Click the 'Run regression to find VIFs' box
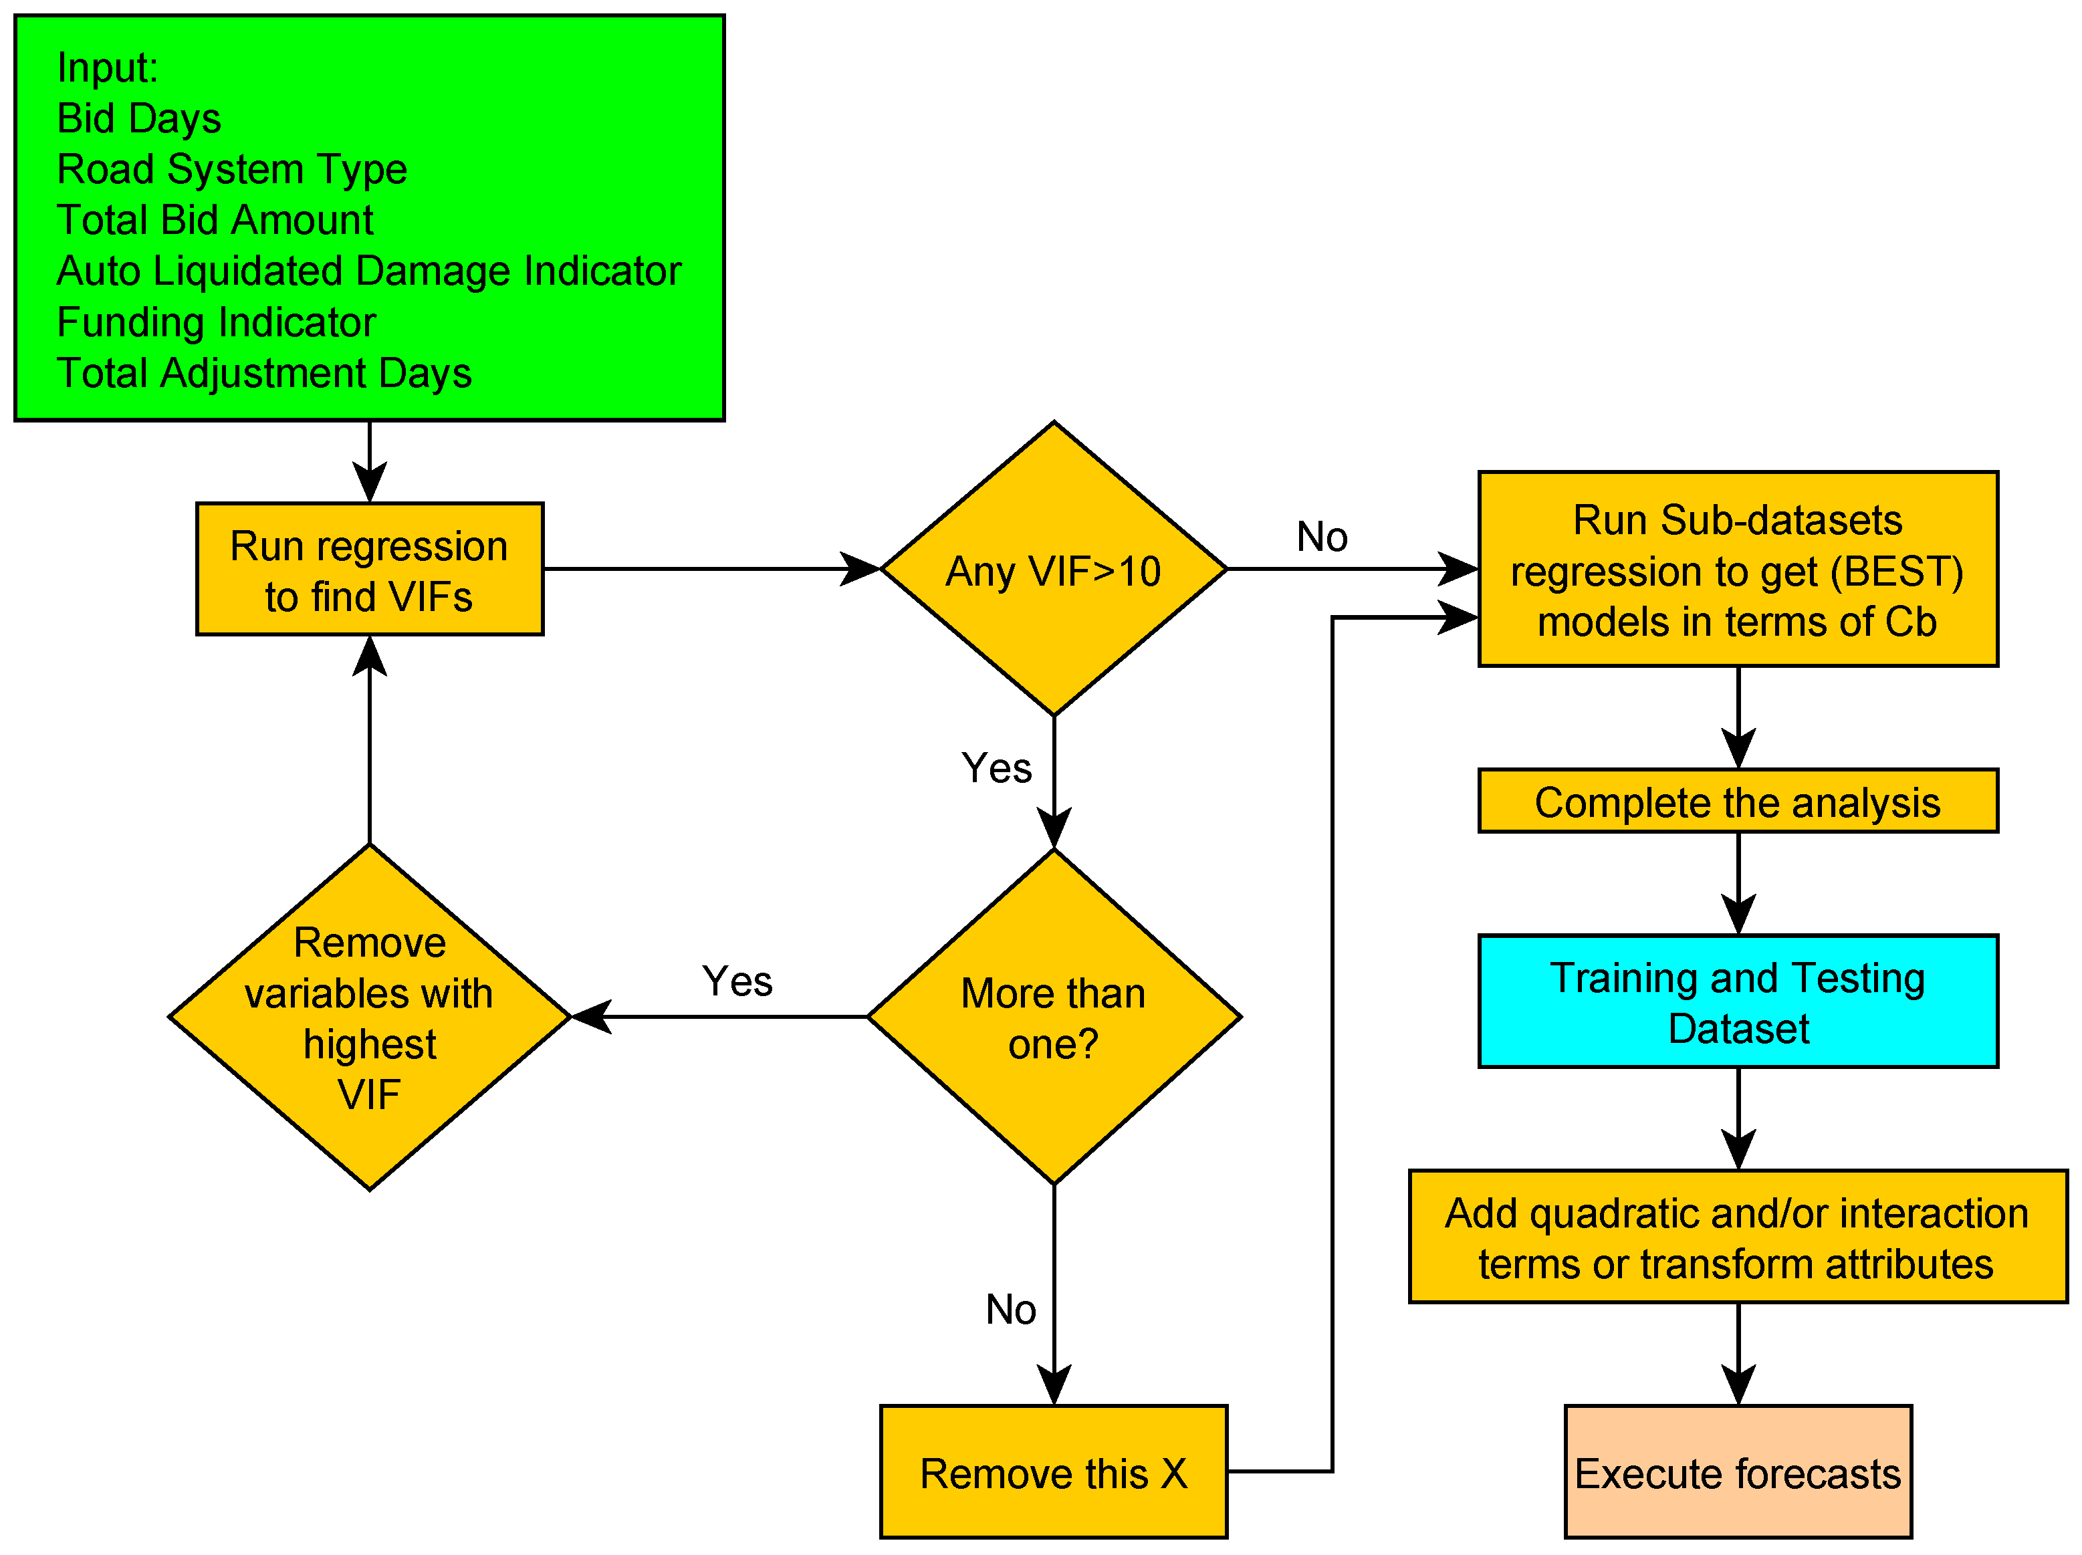click(369, 570)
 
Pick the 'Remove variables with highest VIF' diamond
click(369, 1018)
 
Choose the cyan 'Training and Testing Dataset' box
click(1738, 1001)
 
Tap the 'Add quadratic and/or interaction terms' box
click(1738, 1237)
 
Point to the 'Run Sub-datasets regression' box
click(1738, 570)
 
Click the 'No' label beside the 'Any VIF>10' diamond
click(1322, 537)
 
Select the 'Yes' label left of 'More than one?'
click(737, 981)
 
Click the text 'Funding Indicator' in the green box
click(217, 322)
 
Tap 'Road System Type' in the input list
click(231, 169)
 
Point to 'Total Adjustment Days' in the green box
click(263, 373)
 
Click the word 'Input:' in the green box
click(107, 68)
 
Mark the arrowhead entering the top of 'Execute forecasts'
click(1738, 1386)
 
